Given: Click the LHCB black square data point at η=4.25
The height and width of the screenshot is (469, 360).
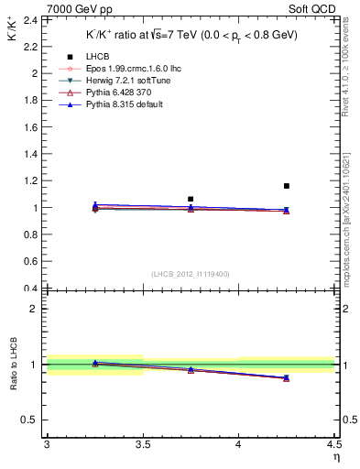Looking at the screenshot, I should click(287, 186).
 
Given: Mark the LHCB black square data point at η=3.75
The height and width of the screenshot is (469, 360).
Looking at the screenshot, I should click(191, 199).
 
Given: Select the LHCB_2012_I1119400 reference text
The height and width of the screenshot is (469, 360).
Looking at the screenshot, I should click(191, 274).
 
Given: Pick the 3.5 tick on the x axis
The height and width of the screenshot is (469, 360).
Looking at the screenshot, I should click(142, 444).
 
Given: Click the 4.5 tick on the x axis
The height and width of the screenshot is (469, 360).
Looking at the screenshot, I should click(333, 444).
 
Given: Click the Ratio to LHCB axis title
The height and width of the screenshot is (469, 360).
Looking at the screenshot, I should click(14, 365).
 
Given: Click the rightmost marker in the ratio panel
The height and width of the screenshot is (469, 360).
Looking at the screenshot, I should click(287, 377).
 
